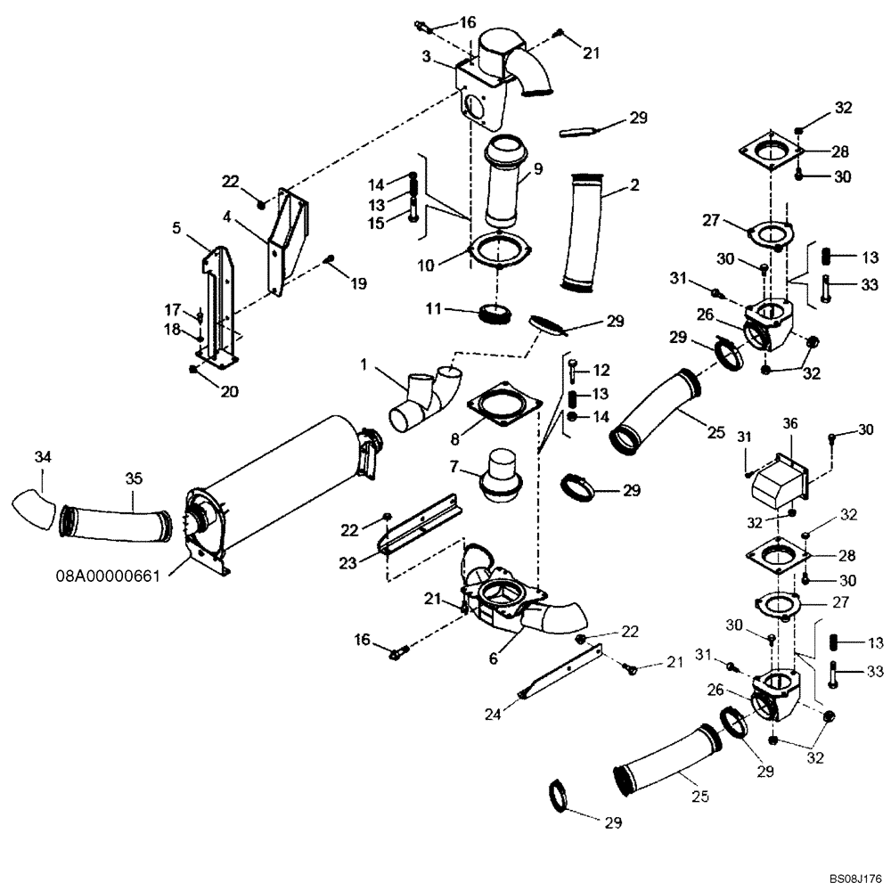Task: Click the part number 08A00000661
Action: (106, 576)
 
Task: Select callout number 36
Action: (790, 423)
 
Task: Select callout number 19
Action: (357, 285)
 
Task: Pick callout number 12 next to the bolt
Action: (601, 369)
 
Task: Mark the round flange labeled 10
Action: (501, 251)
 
